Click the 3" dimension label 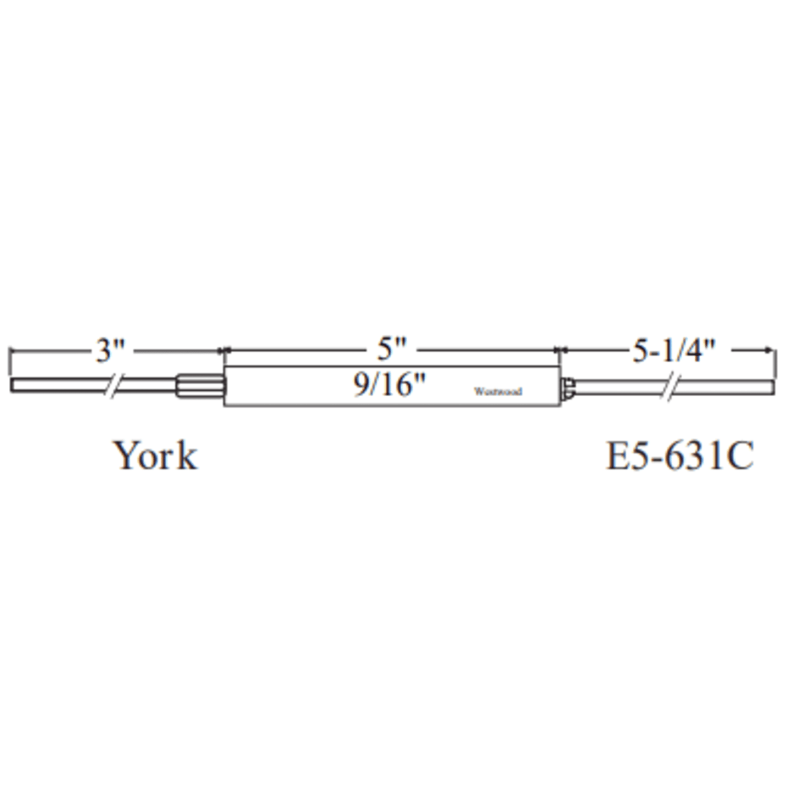pyautogui.click(x=110, y=350)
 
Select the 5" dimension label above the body pyautogui.click(x=392, y=349)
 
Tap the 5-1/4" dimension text pyautogui.click(x=674, y=350)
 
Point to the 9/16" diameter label pyautogui.click(x=389, y=385)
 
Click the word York pyautogui.click(x=155, y=455)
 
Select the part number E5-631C pyautogui.click(x=679, y=455)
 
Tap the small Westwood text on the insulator pyautogui.click(x=498, y=391)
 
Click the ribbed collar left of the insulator pyautogui.click(x=200, y=386)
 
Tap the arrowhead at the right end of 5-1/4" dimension pyautogui.click(x=768, y=350)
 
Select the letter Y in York pyautogui.click(x=125, y=455)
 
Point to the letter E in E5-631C pyautogui.click(x=617, y=455)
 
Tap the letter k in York pyautogui.click(x=187, y=455)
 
